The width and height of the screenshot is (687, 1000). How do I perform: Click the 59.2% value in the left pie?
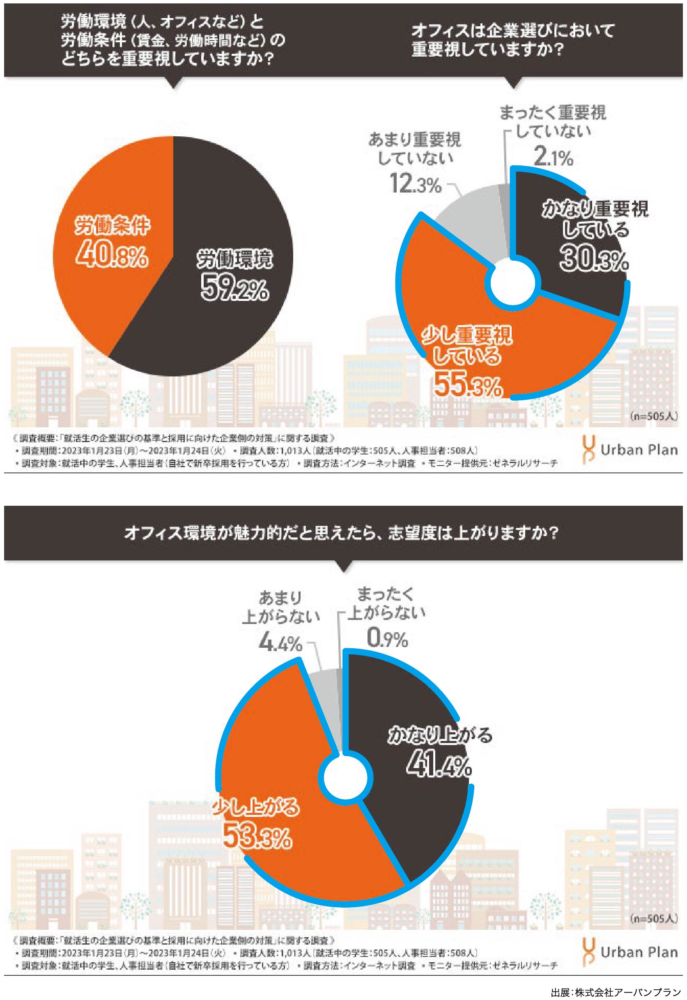point(234,288)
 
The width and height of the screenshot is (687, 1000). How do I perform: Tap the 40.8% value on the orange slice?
point(112,256)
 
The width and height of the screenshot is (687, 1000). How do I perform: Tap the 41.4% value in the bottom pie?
point(439,766)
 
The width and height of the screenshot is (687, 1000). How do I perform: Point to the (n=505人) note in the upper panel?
point(653,416)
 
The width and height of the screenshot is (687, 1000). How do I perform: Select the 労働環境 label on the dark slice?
point(234,259)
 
